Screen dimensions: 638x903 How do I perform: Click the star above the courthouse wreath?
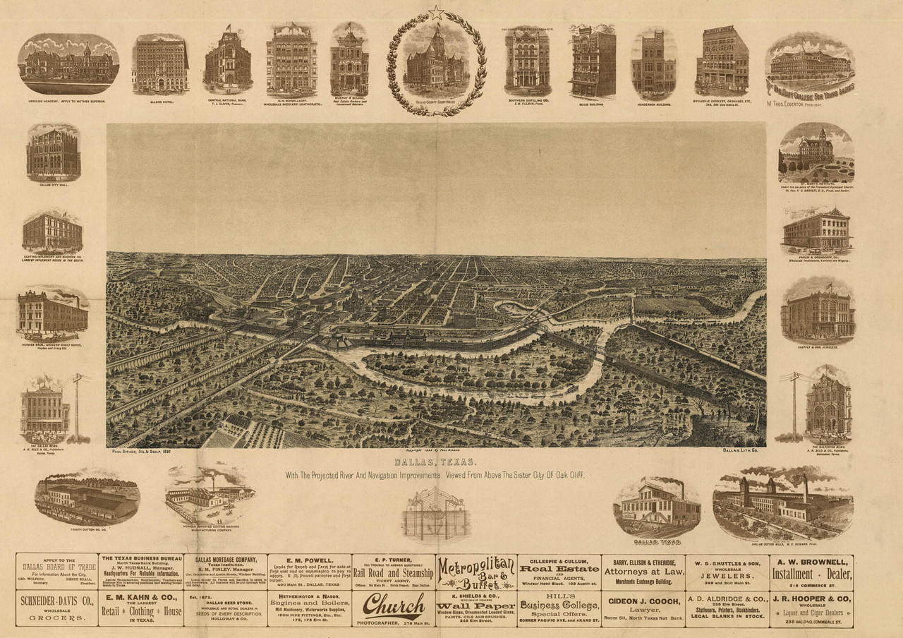(437, 12)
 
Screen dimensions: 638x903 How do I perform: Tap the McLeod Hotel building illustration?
(160, 64)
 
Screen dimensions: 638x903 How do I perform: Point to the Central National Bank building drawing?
(227, 62)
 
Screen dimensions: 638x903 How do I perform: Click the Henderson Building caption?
(653, 104)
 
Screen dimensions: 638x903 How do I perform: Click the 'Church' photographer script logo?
(394, 605)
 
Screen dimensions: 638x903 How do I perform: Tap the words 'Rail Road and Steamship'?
(393, 573)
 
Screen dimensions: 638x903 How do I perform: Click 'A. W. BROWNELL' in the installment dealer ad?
(812, 562)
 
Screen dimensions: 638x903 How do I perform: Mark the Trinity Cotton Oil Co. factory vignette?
(87, 498)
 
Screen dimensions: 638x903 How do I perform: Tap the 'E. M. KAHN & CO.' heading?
(141, 598)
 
